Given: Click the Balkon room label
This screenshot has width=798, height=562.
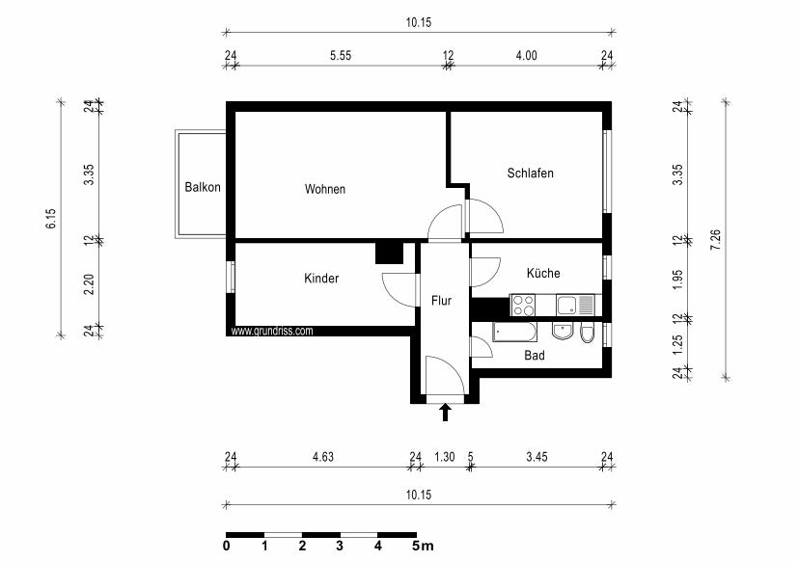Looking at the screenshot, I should [x=203, y=188].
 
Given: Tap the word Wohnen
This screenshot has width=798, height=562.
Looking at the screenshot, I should [x=324, y=189].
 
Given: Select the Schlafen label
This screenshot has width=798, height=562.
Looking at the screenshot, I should [x=530, y=174].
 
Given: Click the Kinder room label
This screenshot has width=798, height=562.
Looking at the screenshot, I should [x=321, y=279].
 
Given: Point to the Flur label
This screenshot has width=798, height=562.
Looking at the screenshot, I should [x=441, y=301].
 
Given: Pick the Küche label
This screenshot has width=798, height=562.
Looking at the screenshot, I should [x=542, y=274].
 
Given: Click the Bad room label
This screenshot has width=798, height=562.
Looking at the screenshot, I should [x=534, y=356].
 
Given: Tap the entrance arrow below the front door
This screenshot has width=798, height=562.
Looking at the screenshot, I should [x=445, y=414].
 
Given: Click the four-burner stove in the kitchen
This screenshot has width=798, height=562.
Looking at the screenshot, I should [x=523, y=306].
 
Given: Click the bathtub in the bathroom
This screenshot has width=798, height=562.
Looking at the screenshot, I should [x=514, y=333].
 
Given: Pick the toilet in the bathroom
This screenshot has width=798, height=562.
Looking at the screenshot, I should [x=588, y=334].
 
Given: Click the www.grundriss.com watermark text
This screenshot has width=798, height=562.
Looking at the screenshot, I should [x=272, y=331].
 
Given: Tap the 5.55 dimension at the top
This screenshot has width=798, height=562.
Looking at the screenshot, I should [x=339, y=56].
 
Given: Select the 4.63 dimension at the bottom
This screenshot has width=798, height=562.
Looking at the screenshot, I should [x=322, y=457].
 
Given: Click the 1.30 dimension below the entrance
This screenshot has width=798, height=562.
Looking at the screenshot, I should [x=444, y=457].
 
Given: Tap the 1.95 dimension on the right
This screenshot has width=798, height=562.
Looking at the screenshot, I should [x=677, y=280].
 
